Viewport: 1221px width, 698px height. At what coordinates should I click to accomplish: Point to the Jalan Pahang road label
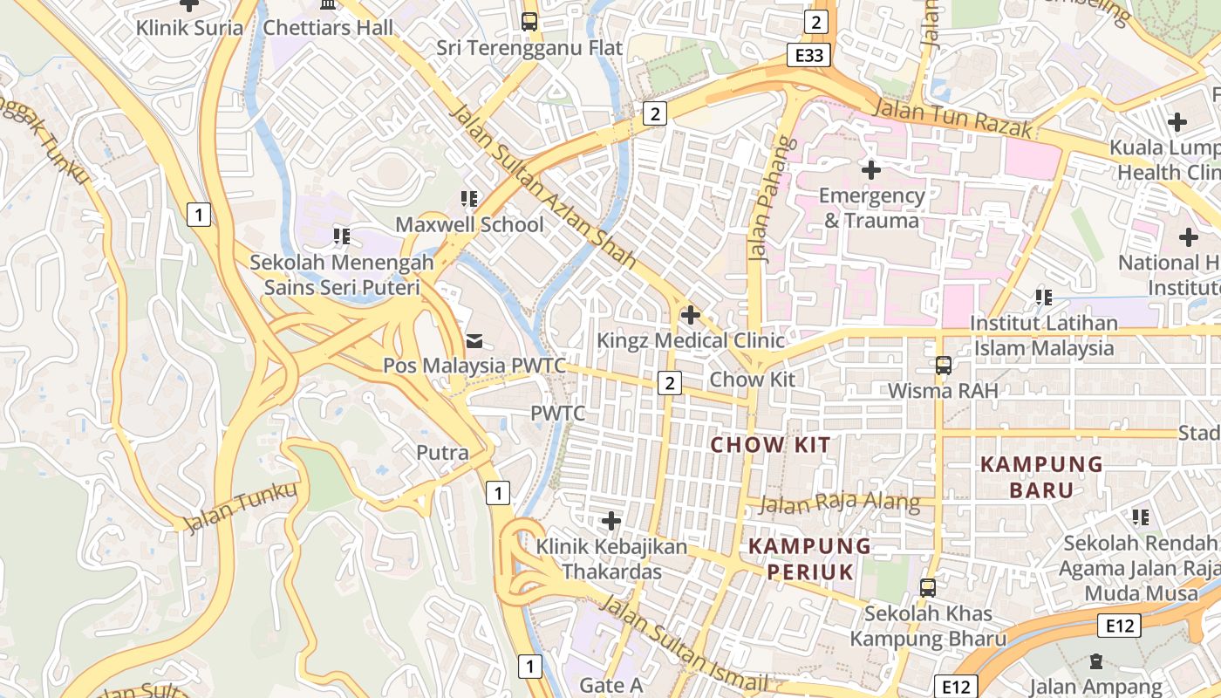(x=762, y=201)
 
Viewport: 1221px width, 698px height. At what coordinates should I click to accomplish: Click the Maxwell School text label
(x=469, y=224)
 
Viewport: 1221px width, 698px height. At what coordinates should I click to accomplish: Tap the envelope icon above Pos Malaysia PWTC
(x=474, y=340)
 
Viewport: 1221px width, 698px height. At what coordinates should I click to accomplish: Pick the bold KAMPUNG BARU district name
(x=1041, y=476)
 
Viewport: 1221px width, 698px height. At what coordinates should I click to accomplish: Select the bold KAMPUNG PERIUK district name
(x=810, y=559)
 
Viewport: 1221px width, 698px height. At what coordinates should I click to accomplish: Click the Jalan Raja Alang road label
(x=839, y=503)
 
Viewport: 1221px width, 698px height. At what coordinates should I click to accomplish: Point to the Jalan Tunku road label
(x=242, y=506)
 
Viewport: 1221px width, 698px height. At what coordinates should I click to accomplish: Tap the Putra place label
(x=442, y=453)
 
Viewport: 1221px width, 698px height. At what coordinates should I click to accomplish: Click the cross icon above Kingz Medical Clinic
(x=691, y=314)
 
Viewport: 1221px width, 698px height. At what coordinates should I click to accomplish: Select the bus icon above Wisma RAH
(x=943, y=365)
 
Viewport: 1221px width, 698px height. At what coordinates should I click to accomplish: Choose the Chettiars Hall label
(x=328, y=27)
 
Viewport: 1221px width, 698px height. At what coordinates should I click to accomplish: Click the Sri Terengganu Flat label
(x=529, y=47)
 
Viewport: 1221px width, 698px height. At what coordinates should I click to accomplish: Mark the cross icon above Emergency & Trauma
(x=870, y=169)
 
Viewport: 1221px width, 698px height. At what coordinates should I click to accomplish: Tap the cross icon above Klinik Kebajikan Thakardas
(x=611, y=521)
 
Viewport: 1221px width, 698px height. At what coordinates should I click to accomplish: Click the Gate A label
(x=610, y=686)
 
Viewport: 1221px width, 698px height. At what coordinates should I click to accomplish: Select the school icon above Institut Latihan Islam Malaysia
(x=1043, y=298)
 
